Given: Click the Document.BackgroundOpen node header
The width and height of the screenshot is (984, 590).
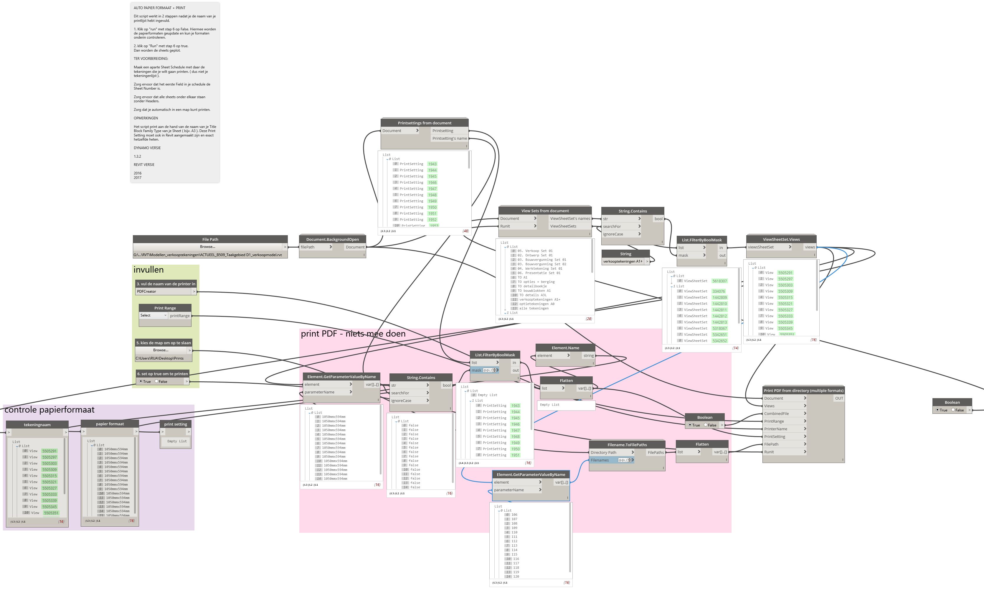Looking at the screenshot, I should click(332, 239).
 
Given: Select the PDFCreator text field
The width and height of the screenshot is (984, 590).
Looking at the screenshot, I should click(163, 291).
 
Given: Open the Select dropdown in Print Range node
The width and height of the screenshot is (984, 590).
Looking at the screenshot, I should click(153, 315).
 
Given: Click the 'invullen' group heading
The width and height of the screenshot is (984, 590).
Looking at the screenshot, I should click(148, 270).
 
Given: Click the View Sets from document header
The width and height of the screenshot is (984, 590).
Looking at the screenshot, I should click(544, 211).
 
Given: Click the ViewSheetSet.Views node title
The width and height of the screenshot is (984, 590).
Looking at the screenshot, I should click(781, 239).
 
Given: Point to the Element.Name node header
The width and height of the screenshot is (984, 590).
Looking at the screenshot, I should click(565, 348).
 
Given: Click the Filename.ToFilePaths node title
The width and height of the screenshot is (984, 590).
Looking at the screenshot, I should click(627, 444).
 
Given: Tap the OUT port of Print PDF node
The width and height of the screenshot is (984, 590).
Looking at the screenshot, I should click(838, 398).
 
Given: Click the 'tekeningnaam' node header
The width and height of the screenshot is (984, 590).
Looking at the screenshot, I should click(37, 425).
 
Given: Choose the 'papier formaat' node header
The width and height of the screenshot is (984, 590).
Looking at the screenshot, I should click(110, 424).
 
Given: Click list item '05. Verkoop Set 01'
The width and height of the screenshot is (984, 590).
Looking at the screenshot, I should click(535, 251).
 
